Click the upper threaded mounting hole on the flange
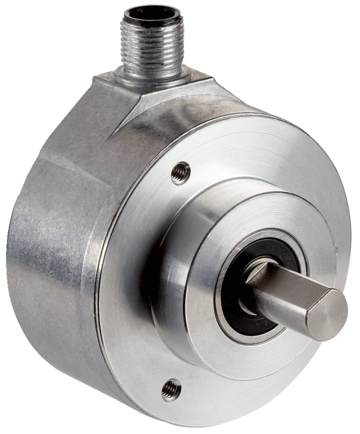[x=181, y=173]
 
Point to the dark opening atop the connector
[x=149, y=12]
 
